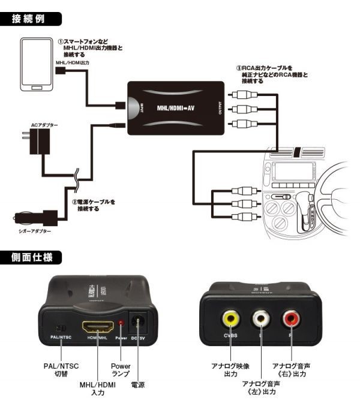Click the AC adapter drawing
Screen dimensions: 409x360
coord(43,144)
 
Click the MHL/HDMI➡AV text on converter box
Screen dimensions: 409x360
coord(173,108)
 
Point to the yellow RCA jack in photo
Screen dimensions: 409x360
coord(230,318)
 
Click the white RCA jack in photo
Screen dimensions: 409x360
coord(260,318)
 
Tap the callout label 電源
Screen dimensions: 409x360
coord(137,384)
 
